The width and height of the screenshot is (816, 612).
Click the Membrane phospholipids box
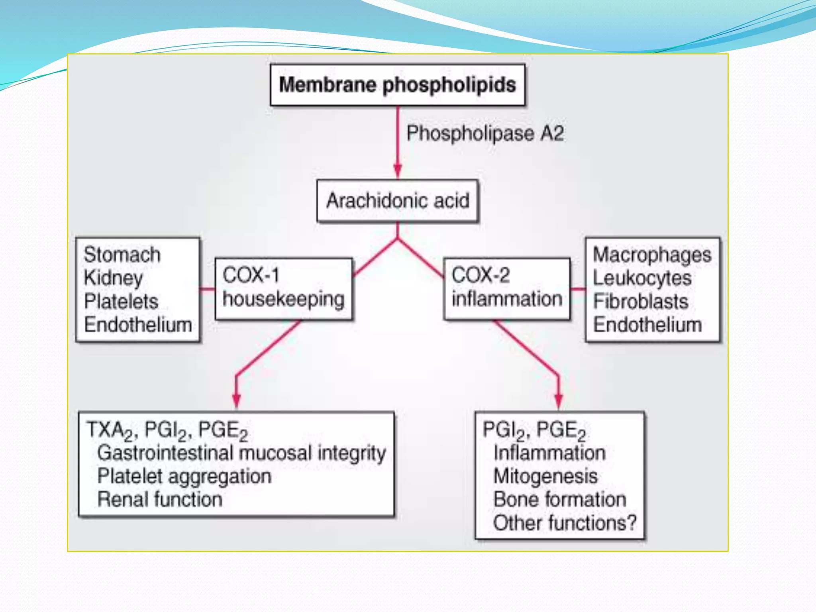[x=397, y=85]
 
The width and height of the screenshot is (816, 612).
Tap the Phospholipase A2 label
[x=485, y=133]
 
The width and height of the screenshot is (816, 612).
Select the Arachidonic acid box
[x=398, y=200]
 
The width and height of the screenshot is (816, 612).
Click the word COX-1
[x=251, y=275]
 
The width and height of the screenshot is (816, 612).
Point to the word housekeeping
[x=283, y=299]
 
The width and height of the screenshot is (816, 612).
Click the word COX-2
[x=481, y=275]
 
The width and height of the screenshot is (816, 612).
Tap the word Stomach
[x=122, y=255]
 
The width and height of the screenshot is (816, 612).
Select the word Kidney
[x=113, y=278]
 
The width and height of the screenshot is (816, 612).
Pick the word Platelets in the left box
[x=121, y=301]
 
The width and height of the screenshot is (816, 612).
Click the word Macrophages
[x=652, y=255]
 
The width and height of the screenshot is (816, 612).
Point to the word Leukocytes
[x=642, y=278]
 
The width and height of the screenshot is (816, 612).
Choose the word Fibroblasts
[x=640, y=302]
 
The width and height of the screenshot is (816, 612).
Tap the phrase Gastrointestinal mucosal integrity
[x=241, y=453]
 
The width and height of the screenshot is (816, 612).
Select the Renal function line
[x=160, y=500]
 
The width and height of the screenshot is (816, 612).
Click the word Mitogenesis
[x=545, y=476]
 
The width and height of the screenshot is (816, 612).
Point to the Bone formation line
[x=560, y=500]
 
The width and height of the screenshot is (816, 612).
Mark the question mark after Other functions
[x=632, y=523]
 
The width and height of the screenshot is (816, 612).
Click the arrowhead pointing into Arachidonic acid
[x=397, y=171]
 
